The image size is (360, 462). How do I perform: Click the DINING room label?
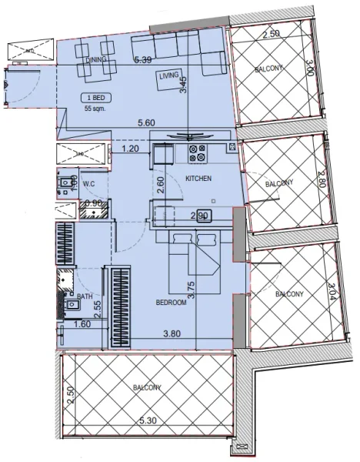pyautogui.click(x=96, y=59)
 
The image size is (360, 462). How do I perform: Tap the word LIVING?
pyautogui.click(x=168, y=76)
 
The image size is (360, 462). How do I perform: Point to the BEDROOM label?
pyautogui.click(x=172, y=303)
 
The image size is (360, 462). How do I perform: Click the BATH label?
pyautogui.click(x=85, y=295)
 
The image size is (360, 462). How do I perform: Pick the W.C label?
pyautogui.click(x=88, y=183)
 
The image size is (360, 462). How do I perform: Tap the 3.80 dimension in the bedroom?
pyautogui.click(x=170, y=333)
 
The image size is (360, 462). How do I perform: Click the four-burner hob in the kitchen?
pyautogui.click(x=197, y=152)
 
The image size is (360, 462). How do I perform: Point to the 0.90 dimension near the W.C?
pyautogui.click(x=93, y=204)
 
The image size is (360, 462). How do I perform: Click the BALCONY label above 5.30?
pyautogui.click(x=148, y=387)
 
